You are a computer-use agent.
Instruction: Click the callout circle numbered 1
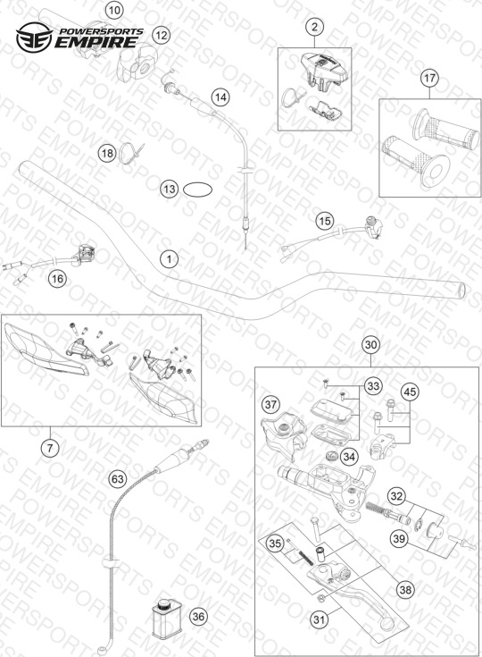pos(169,259)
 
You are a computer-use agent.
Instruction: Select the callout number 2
pos(314,27)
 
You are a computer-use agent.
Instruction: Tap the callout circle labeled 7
pos(50,449)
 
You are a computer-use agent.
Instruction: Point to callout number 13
pos(170,190)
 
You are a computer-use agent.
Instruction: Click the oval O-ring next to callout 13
pos(198,190)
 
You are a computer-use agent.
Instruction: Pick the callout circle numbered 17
pos(429,79)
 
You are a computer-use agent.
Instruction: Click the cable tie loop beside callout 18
pos(131,152)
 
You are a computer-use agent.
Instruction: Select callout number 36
pos(198,617)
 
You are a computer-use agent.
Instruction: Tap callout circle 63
pos(118,478)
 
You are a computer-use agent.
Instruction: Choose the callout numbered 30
pos(371,345)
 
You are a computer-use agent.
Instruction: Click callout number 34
pos(348,457)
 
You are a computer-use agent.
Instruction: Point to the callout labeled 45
pos(410,392)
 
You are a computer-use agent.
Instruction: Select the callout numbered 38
pos(405,590)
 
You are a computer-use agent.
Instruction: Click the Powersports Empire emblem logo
pos(34,38)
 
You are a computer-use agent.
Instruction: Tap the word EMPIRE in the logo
pos(96,42)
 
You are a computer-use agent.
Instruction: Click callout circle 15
pos(325,221)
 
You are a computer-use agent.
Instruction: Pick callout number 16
pos(58,278)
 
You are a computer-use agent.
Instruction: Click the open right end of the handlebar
pos(462,291)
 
